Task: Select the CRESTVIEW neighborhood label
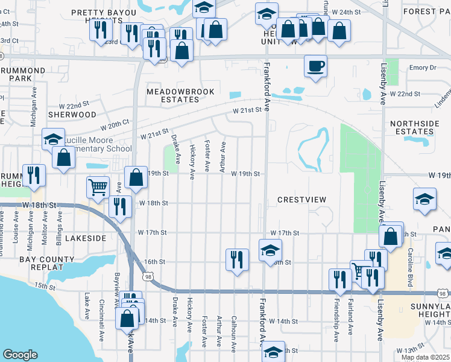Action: coord(301,200)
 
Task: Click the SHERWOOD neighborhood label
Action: coord(72,114)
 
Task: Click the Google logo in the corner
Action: coord(20,355)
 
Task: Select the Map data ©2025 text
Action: coord(425,357)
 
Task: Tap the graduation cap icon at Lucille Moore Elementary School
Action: coord(53,139)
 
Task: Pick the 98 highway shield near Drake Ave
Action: coord(148,276)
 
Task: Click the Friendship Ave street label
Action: coord(336,320)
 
